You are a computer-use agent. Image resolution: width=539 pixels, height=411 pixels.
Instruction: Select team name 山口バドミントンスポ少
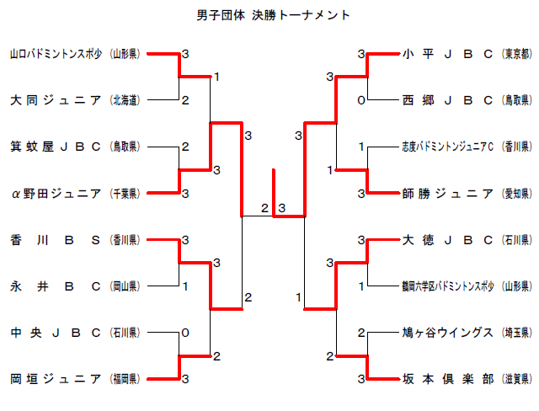point(56,54)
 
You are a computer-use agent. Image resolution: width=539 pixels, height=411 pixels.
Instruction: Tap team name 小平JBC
point(447,54)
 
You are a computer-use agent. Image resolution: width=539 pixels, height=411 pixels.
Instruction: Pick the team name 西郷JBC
point(447,100)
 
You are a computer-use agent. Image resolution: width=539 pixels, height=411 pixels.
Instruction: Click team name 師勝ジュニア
point(447,193)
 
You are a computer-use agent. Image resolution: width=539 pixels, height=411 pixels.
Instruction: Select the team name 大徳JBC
point(447,240)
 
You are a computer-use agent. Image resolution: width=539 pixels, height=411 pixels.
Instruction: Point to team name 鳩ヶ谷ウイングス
point(447,333)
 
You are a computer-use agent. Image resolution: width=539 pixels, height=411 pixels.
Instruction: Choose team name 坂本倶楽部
point(447,379)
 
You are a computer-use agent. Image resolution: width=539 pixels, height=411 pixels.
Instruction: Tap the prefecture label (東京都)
point(515,54)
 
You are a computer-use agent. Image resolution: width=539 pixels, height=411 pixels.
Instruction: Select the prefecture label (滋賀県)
point(515,379)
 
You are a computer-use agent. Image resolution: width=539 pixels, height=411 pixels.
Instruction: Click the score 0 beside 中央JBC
point(185,332)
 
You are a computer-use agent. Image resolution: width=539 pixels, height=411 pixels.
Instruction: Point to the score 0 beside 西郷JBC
point(360,100)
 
